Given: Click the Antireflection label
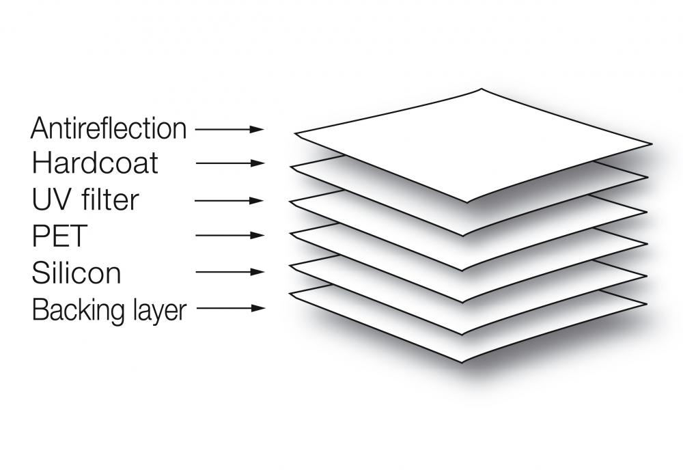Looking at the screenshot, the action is (109, 128).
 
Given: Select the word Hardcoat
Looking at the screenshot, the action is (95, 163).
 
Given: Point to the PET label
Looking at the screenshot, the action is (59, 236).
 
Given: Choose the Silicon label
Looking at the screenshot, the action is (76, 273).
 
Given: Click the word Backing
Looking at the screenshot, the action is (73, 311).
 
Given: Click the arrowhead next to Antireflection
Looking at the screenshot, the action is (257, 129).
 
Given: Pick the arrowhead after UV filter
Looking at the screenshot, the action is (256, 201).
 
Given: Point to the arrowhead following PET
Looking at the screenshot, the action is (257, 235).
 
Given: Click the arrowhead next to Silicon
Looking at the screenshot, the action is (257, 272).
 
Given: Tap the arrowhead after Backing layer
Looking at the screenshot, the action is (258, 308).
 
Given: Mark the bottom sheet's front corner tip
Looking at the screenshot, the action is (462, 362).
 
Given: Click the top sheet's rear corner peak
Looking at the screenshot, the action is (482, 89).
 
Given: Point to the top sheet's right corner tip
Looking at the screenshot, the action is (652, 143).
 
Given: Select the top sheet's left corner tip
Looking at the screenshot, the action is (295, 133).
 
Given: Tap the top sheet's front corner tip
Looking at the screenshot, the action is (467, 202).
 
